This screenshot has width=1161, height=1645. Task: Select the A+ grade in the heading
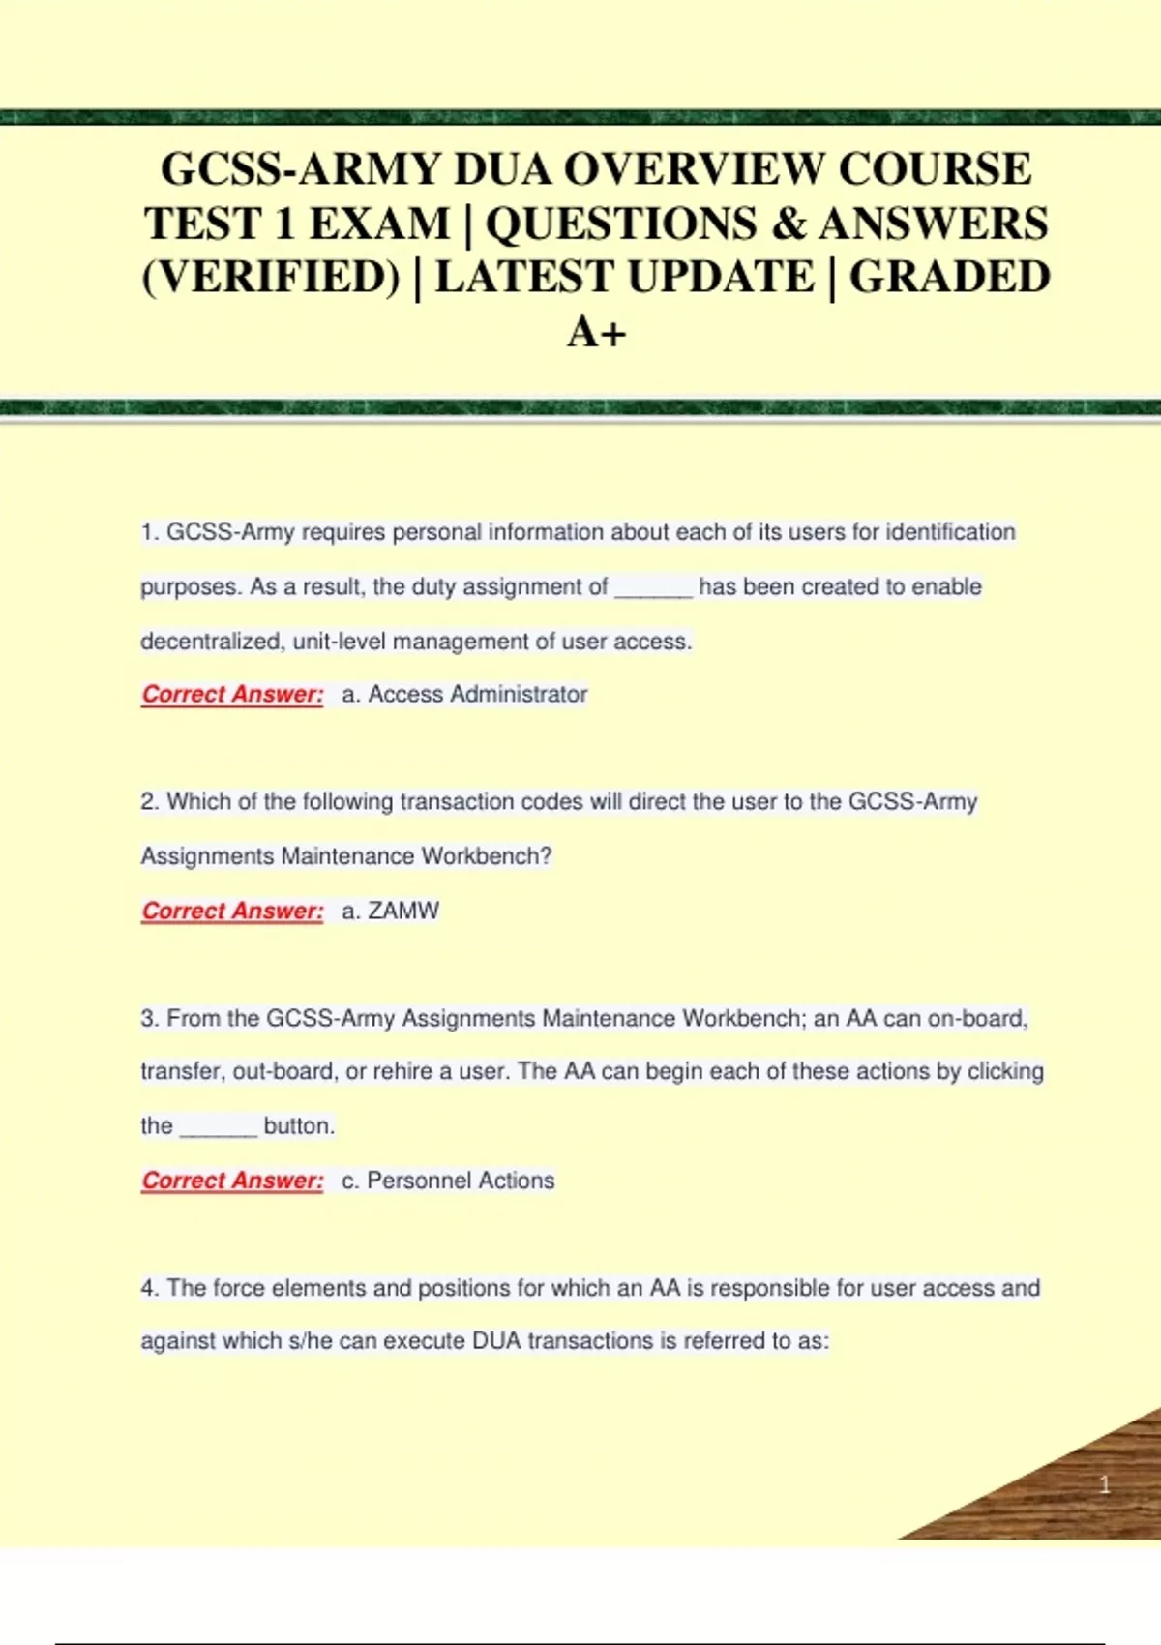[596, 333]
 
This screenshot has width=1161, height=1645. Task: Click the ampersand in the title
[789, 224]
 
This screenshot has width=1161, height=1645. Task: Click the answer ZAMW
[402, 911]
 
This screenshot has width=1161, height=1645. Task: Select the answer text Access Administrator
[477, 694]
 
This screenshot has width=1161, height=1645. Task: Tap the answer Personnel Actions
[461, 1181]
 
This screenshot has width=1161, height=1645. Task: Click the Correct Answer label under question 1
[232, 694]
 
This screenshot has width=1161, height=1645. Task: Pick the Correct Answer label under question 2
[232, 911]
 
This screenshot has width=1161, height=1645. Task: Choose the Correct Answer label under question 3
[232, 1181]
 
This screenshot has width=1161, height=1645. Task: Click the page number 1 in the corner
[1104, 1484]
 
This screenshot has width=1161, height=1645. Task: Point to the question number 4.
[149, 1288]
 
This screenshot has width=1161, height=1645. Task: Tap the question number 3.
[149, 1018]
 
